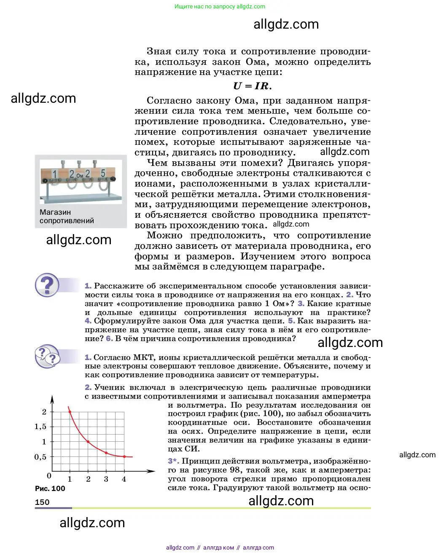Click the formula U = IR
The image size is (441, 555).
pyautogui.click(x=252, y=86)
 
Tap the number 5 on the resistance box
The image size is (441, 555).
pyautogui.click(x=103, y=173)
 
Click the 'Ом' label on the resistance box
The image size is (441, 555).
pyautogui.click(x=80, y=175)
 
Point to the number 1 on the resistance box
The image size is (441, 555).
pyautogui.click(x=55, y=174)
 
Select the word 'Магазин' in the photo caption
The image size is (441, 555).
pyautogui.click(x=55, y=212)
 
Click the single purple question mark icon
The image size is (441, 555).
pyautogui.click(x=47, y=285)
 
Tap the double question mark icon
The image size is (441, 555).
pyautogui.click(x=47, y=356)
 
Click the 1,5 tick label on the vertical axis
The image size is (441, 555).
pyautogui.click(x=40, y=427)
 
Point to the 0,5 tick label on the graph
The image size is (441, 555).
pyautogui.click(x=40, y=457)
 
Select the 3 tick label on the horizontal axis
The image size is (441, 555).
pyautogui.click(x=106, y=479)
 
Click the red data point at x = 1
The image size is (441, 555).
pyautogui.click(x=70, y=412)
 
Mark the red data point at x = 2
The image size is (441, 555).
pyautogui.click(x=88, y=442)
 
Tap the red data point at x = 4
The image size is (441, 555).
pyautogui.click(x=124, y=456)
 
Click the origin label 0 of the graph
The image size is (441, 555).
pyautogui.click(x=49, y=476)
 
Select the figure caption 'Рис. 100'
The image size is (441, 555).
pyautogui.click(x=50, y=488)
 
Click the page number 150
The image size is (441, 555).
pyautogui.click(x=42, y=502)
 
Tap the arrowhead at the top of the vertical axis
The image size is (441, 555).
pyautogui.click(x=52, y=398)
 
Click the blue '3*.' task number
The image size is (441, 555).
pyautogui.click(x=173, y=461)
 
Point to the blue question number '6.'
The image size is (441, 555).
pyautogui.click(x=109, y=339)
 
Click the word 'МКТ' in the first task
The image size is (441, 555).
pyautogui.click(x=143, y=358)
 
